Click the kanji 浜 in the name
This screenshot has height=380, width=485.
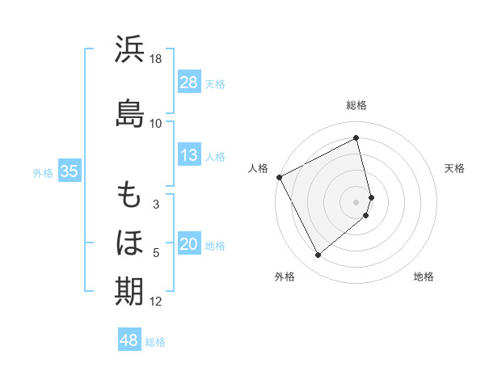click(129, 50)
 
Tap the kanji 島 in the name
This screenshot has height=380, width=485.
click(129, 113)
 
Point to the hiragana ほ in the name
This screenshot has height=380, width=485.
click(129, 243)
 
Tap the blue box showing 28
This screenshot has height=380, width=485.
click(189, 82)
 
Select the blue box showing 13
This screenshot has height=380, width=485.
click(189, 155)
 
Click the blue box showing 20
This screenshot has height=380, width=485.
click(189, 245)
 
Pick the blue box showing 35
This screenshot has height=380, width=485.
click(69, 171)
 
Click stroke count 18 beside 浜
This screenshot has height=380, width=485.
click(156, 60)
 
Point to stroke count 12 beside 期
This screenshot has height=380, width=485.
click(156, 302)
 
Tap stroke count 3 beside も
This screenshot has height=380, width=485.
click(156, 205)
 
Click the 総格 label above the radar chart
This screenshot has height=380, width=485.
click(356, 105)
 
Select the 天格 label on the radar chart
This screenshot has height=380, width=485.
click(454, 168)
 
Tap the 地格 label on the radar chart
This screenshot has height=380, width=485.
click(424, 277)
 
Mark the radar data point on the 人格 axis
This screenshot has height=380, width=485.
click(279, 177)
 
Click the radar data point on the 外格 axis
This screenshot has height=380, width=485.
click(318, 255)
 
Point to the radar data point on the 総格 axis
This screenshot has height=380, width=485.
click(356, 138)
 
